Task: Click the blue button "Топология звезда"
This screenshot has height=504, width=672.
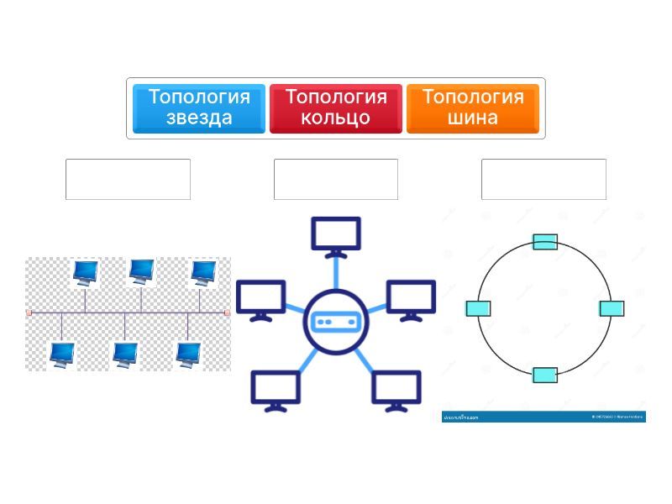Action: click(199, 108)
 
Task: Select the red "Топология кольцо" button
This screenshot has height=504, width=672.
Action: click(336, 108)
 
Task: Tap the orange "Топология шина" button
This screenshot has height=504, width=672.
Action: click(473, 108)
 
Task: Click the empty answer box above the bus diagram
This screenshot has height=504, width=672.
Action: click(128, 179)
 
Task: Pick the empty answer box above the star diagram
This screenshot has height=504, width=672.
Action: click(336, 179)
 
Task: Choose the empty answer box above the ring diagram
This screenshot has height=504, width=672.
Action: click(543, 179)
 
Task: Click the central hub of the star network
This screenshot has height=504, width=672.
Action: click(336, 321)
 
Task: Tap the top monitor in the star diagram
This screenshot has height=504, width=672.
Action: click(336, 235)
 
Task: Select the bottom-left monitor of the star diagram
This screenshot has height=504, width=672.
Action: click(276, 389)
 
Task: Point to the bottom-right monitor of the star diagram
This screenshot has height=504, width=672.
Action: click(396, 389)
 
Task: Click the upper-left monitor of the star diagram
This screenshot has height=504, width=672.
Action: click(260, 299)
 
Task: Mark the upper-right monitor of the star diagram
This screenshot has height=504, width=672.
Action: click(411, 299)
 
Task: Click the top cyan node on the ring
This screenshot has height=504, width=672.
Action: click(545, 242)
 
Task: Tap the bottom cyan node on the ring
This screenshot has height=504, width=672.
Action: click(545, 375)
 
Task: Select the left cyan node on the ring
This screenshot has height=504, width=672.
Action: click(478, 308)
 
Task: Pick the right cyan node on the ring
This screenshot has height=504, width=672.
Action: click(612, 308)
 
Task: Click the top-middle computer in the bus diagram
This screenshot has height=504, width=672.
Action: click(141, 270)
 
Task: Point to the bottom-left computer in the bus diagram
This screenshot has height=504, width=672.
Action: click(62, 354)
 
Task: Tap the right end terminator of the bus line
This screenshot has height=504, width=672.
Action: click(227, 312)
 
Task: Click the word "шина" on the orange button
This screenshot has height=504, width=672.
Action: click(473, 118)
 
